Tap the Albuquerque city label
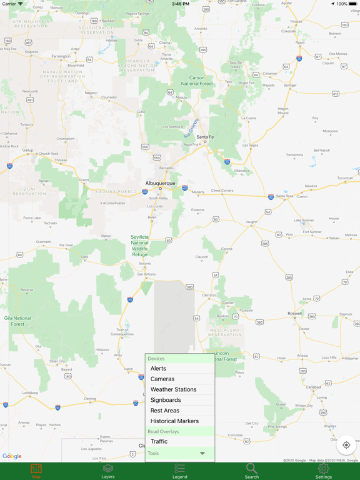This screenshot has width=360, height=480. click(x=161, y=184)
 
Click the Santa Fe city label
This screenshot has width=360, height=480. click(x=205, y=137)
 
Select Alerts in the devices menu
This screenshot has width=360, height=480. click(x=158, y=369)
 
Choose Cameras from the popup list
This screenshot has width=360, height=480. click(x=162, y=379)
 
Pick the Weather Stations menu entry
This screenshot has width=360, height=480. click(x=173, y=389)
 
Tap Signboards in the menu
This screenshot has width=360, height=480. click(x=166, y=400)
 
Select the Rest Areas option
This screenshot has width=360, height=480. click(x=165, y=411)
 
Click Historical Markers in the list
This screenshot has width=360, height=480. click(x=174, y=421)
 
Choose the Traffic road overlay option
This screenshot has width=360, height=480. click(x=159, y=441)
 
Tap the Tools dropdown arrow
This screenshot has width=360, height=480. click(x=202, y=453)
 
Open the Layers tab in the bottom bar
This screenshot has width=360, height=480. click(x=108, y=471)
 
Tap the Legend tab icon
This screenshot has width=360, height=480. click(x=180, y=471)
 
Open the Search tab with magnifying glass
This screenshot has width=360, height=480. click(x=251, y=471)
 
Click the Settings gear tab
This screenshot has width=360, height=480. click(x=323, y=471)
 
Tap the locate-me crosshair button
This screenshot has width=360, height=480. click(x=346, y=446)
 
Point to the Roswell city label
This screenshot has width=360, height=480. click(x=294, y=314)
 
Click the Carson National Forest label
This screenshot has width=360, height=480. click(x=197, y=81)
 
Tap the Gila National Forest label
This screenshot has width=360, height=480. click(x=17, y=321)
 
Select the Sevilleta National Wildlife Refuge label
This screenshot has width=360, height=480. click(x=140, y=246)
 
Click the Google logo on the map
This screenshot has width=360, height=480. click(x=12, y=456)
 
